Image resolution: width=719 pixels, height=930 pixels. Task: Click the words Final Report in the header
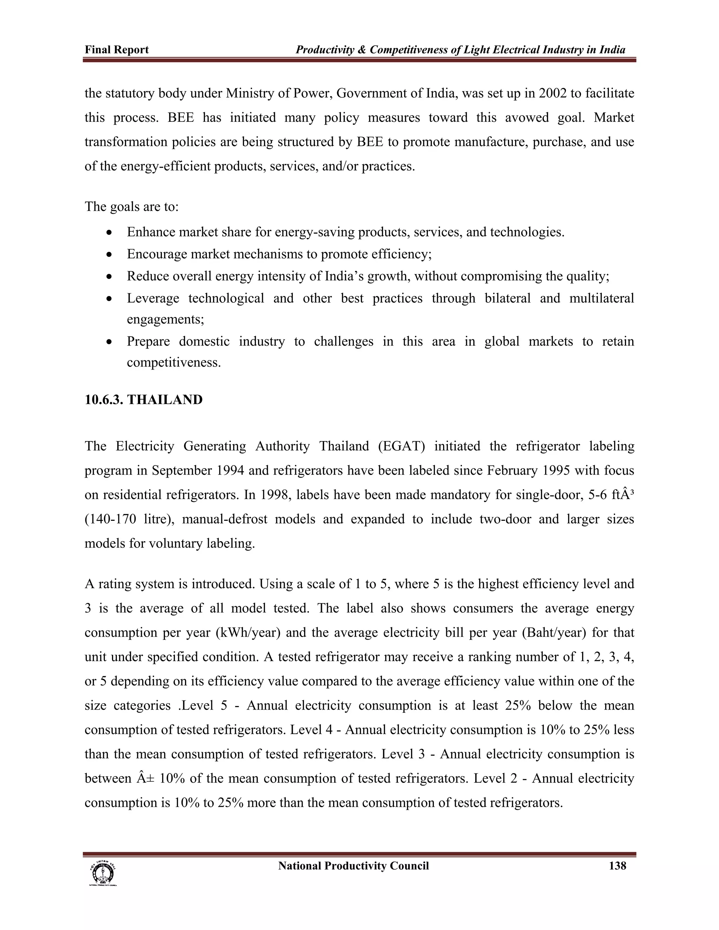[x=116, y=50]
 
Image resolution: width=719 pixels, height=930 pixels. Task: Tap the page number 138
[x=617, y=866]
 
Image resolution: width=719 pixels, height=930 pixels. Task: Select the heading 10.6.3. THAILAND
[x=144, y=400]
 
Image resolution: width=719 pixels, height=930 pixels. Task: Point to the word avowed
[x=527, y=118]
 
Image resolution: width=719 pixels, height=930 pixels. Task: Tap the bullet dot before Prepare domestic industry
[x=110, y=342]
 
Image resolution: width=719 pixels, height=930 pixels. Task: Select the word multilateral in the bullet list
[x=601, y=298]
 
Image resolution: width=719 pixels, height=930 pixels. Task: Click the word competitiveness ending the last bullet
[x=173, y=363]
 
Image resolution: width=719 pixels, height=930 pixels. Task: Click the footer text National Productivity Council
[x=353, y=866]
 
